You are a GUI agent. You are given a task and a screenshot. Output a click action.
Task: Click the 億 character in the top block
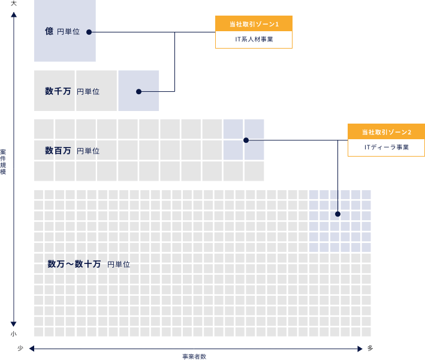(x=49, y=31)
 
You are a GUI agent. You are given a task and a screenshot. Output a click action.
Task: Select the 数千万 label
(x=58, y=91)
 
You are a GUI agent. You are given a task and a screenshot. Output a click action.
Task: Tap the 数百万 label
(x=58, y=151)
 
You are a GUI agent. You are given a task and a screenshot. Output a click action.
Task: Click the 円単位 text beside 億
(x=68, y=32)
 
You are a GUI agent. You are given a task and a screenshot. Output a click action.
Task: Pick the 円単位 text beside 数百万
(x=88, y=151)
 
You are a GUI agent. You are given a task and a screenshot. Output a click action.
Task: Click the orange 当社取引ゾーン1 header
(x=254, y=24)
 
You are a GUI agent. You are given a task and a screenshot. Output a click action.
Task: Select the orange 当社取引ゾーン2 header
(x=386, y=132)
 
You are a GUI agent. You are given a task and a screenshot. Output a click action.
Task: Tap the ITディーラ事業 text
(x=386, y=148)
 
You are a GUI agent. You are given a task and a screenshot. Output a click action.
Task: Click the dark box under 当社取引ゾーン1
(x=254, y=40)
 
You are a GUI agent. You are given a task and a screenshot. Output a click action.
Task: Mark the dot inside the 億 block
(x=89, y=32)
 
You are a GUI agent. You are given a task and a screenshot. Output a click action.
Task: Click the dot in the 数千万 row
(x=138, y=92)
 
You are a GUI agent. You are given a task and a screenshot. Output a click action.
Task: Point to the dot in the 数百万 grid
(x=246, y=140)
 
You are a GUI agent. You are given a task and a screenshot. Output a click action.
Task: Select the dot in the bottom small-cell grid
(x=337, y=214)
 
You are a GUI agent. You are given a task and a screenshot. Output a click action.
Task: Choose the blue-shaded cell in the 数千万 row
(x=138, y=91)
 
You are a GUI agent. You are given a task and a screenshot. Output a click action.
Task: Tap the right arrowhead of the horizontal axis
(x=360, y=349)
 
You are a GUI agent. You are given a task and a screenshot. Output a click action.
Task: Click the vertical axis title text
(x=4, y=161)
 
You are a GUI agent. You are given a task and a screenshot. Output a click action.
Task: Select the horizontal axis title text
(x=194, y=356)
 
